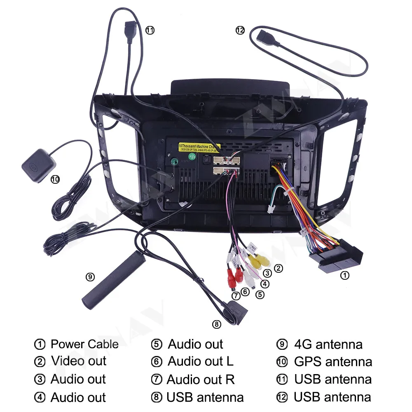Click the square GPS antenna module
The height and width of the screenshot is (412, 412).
pyautogui.click(x=38, y=166)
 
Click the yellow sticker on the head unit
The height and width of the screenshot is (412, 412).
pyautogui.click(x=199, y=147)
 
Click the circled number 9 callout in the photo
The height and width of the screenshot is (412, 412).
pyautogui.click(x=90, y=277)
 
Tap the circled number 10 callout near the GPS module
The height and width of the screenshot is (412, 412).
pyautogui.click(x=55, y=179)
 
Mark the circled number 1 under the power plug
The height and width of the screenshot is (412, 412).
pyautogui.click(x=344, y=276)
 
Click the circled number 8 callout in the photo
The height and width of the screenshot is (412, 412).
pyautogui.click(x=217, y=324)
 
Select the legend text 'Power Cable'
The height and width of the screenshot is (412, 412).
pyautogui.click(x=84, y=344)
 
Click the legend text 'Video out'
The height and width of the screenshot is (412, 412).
pyautogui.click(x=79, y=361)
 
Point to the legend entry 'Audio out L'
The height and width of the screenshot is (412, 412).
pyautogui.click(x=200, y=362)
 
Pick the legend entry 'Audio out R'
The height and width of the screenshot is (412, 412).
pyautogui.click(x=200, y=379)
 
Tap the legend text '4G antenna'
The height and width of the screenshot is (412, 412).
pyautogui.click(x=328, y=344)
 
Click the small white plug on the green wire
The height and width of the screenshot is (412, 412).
pyautogui.click(x=271, y=209)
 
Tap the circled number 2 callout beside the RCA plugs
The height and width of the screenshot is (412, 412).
pyautogui.click(x=279, y=269)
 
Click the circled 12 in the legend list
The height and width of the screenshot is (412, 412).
pyautogui.click(x=282, y=397)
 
